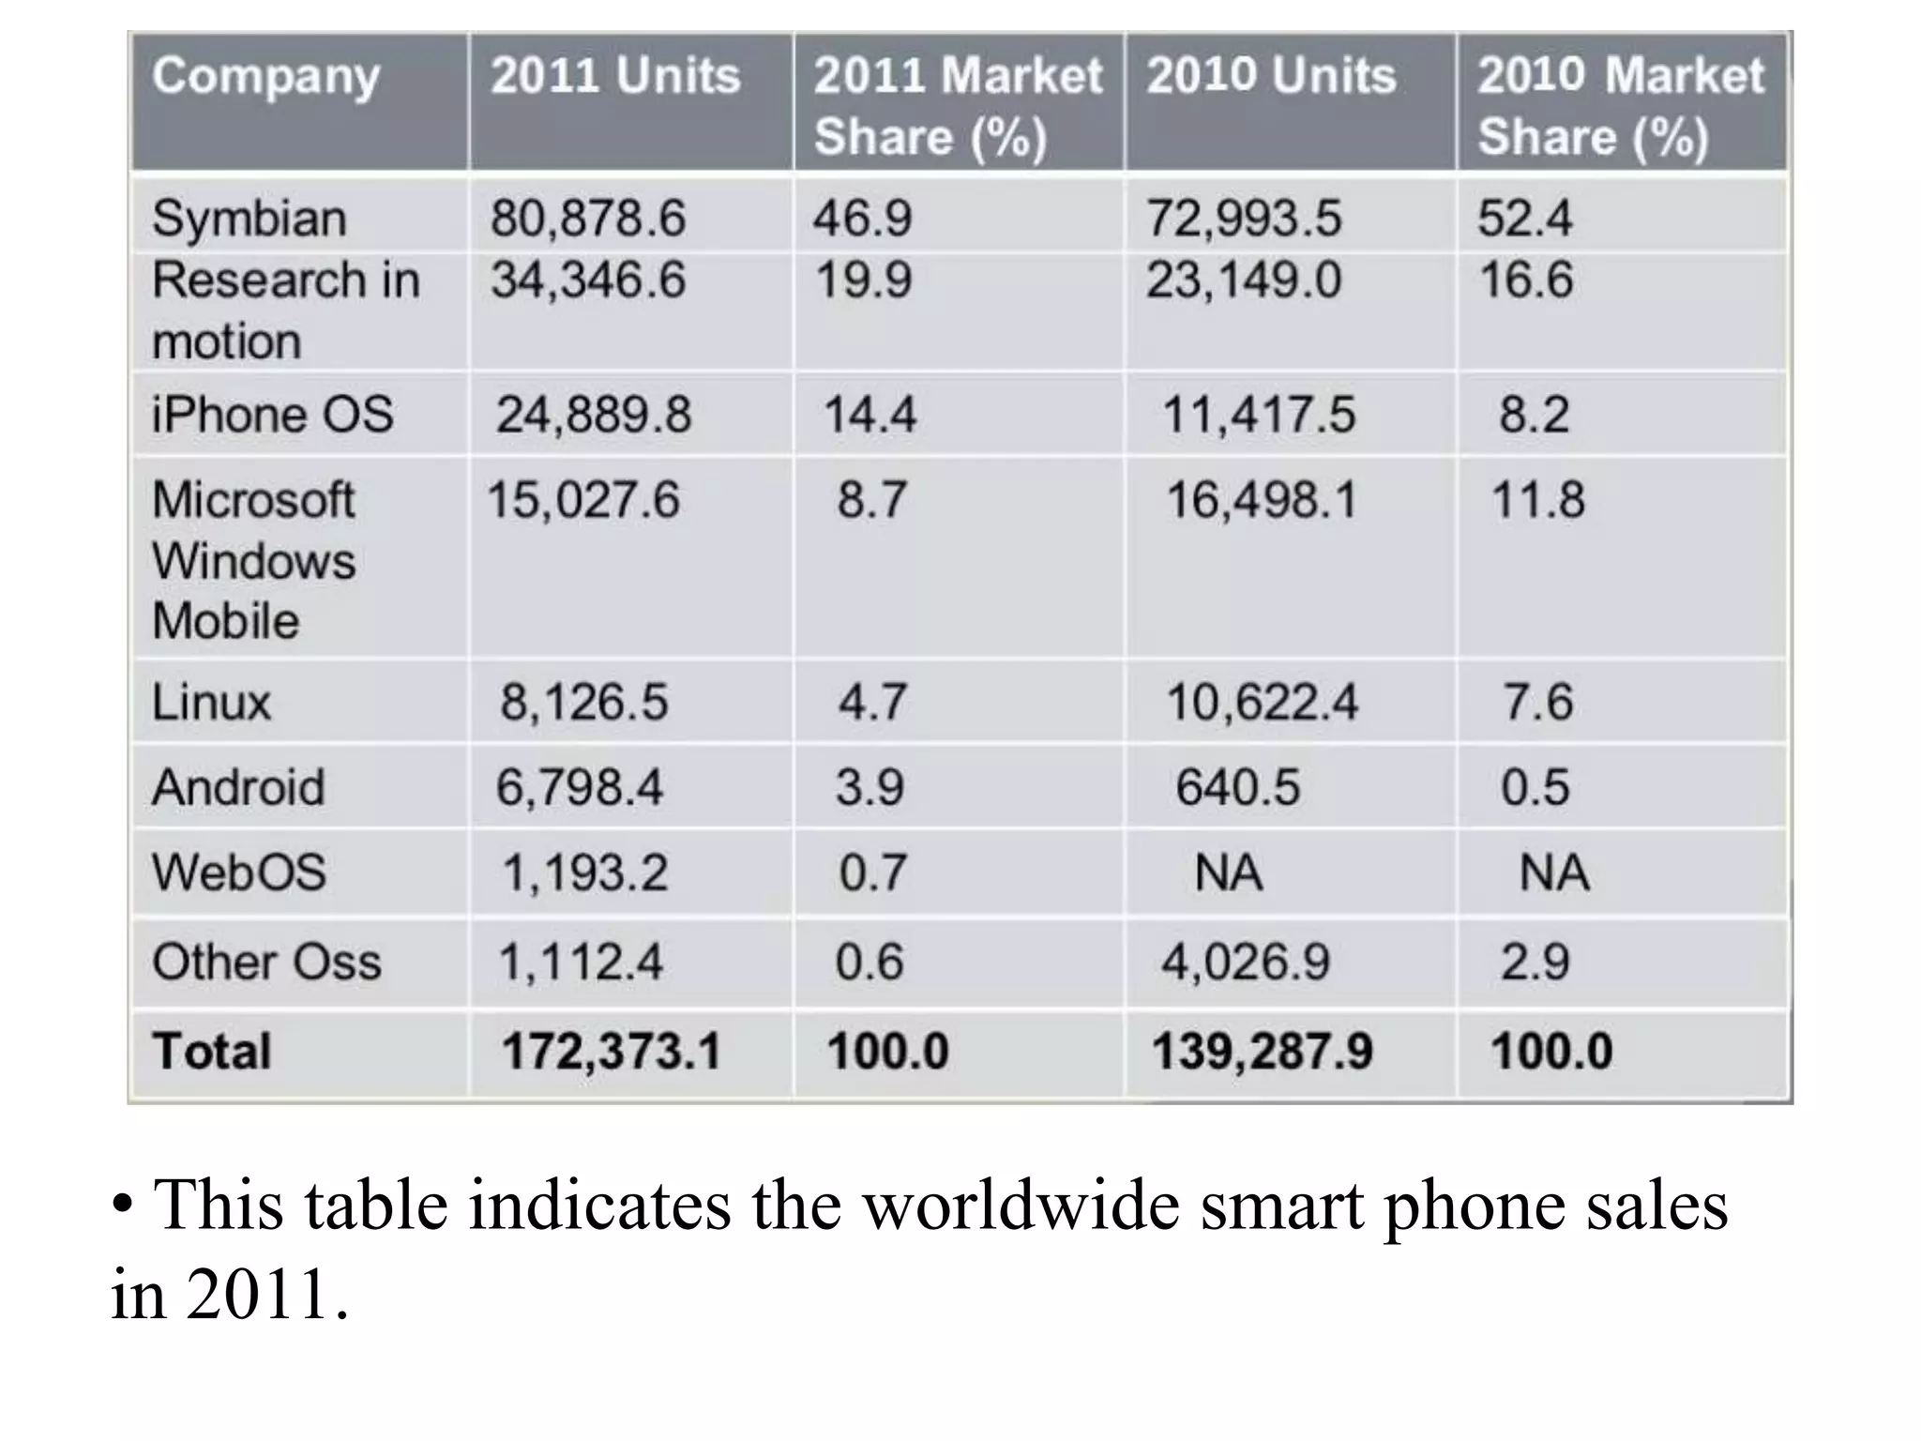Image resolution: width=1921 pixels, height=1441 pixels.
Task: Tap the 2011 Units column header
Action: [x=615, y=76]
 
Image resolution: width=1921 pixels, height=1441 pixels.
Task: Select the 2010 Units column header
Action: [x=1271, y=76]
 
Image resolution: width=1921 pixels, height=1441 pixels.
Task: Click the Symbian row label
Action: [x=250, y=219]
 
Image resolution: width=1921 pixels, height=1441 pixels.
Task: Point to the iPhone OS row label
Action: [x=272, y=415]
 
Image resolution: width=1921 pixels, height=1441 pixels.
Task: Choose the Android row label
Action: [x=238, y=786]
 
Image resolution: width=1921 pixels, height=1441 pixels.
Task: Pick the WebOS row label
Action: [x=239, y=872]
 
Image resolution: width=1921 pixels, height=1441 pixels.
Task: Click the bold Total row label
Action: [x=212, y=1051]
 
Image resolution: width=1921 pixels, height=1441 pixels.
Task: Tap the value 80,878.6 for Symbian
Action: [x=588, y=219]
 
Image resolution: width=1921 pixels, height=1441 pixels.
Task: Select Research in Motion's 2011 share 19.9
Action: [x=863, y=281]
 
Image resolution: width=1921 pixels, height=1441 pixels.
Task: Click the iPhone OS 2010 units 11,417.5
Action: [x=1259, y=415]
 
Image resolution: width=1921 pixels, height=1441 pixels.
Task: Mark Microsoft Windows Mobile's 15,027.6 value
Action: [x=582, y=499]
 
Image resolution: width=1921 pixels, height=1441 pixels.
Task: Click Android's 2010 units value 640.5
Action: [x=1238, y=786]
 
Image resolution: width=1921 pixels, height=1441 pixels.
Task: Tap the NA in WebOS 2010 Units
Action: [x=1229, y=872]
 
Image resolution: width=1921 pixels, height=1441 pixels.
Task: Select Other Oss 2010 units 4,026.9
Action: [x=1246, y=962]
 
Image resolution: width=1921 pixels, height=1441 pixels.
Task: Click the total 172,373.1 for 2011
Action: [x=612, y=1051]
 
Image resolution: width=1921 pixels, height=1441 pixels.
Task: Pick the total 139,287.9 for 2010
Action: [x=1263, y=1051]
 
